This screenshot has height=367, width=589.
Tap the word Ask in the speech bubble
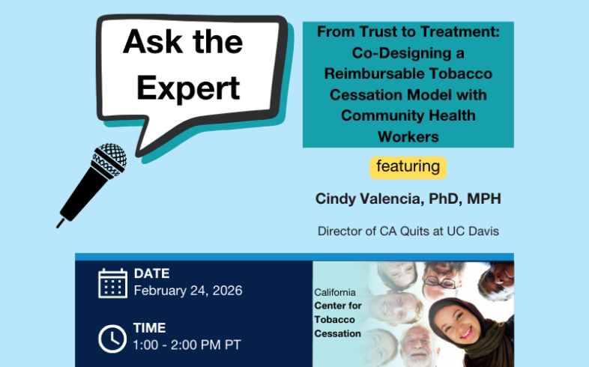[x=150, y=42]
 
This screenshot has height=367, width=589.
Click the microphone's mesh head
[x=109, y=159]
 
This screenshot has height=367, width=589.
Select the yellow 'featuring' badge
[x=408, y=166]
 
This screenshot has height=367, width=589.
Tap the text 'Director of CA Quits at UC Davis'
[x=408, y=231]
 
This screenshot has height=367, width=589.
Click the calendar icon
[x=112, y=282]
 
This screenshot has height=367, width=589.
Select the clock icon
[x=112, y=339]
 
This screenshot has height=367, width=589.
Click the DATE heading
[x=152, y=273]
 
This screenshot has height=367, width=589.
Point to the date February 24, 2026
[x=188, y=291]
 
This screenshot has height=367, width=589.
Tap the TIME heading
[x=150, y=328]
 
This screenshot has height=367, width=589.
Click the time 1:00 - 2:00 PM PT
[x=187, y=345]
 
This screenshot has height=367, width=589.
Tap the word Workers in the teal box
[x=408, y=136]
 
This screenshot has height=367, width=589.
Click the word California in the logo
[x=336, y=293]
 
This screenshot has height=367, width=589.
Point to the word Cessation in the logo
[x=338, y=333]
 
